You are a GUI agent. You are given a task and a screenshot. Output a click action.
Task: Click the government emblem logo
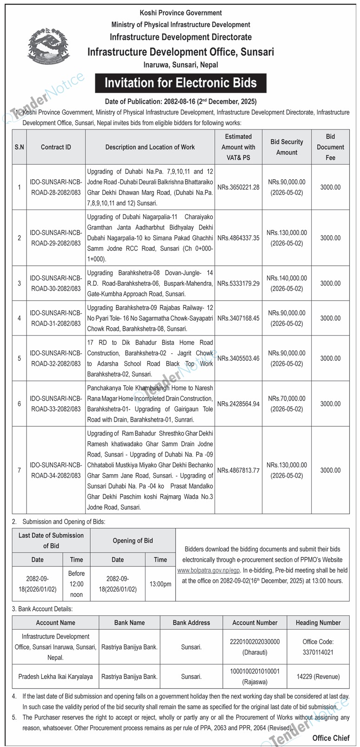click(x=48, y=47)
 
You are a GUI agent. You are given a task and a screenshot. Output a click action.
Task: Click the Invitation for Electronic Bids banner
click(x=180, y=83)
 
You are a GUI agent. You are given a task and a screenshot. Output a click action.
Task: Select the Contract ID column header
click(x=56, y=147)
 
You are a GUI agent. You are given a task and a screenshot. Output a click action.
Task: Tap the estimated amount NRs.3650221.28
click(x=238, y=187)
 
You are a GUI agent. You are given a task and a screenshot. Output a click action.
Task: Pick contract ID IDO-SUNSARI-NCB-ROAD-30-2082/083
click(x=56, y=283)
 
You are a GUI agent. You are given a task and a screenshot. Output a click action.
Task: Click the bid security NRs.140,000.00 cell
click(x=287, y=283)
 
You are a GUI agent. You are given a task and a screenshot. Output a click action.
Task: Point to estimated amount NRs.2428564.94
click(x=238, y=404)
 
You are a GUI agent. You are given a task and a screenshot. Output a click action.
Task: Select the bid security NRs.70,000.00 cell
click(x=287, y=404)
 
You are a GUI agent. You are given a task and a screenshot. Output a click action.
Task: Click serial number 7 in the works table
click(x=19, y=470)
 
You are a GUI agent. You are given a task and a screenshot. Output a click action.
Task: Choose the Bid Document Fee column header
click(x=330, y=147)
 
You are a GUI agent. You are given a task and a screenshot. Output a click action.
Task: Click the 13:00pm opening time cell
click(x=160, y=584)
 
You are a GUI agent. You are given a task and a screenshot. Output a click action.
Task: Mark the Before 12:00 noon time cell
click(x=76, y=584)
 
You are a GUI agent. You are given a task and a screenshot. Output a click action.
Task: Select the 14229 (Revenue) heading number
click(x=318, y=677)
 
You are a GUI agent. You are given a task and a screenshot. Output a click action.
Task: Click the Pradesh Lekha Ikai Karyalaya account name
click(x=55, y=677)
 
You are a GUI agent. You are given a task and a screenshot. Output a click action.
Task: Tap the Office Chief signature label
click(x=331, y=738)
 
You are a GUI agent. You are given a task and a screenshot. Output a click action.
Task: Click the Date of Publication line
click(x=180, y=101)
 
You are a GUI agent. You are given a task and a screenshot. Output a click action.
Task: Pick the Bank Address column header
click(x=191, y=623)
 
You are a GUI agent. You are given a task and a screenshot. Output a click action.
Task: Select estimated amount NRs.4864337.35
click(x=238, y=238)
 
